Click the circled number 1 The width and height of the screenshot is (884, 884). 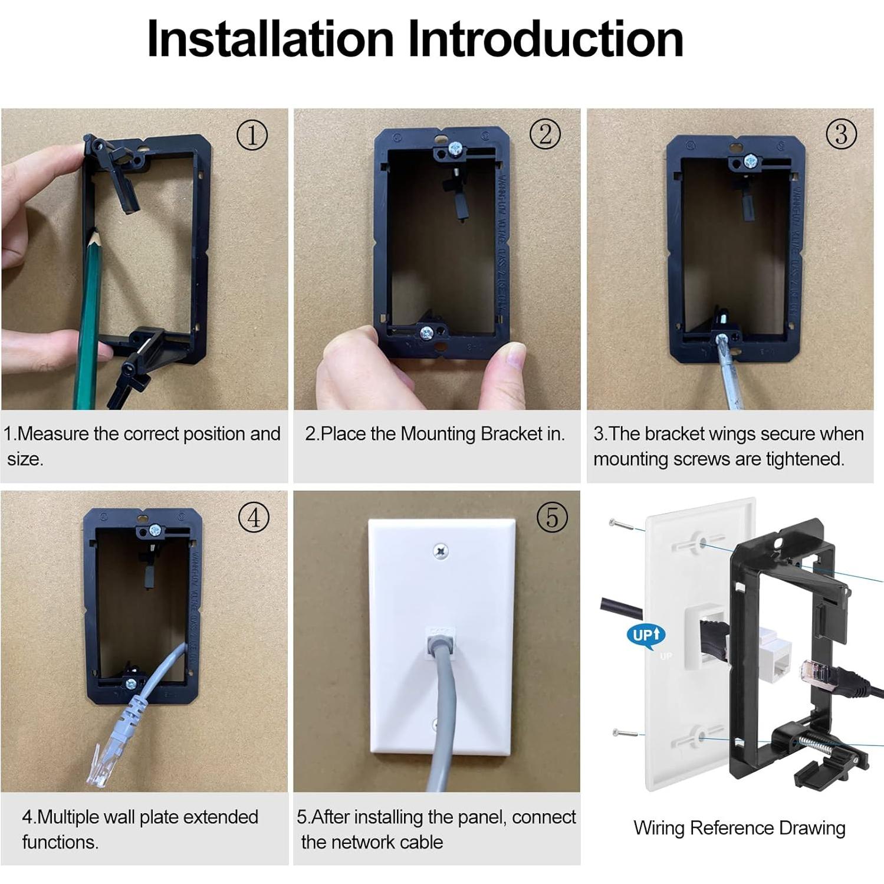252,135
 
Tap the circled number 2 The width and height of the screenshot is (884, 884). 545,134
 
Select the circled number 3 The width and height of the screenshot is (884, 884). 841,134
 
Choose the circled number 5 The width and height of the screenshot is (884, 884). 552,517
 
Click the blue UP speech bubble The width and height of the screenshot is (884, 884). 646,635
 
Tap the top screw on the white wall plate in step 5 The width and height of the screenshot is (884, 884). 441,552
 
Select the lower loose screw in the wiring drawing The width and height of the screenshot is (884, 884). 625,733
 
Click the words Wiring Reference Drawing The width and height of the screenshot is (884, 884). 739,827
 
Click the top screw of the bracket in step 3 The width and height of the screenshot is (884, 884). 750,160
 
